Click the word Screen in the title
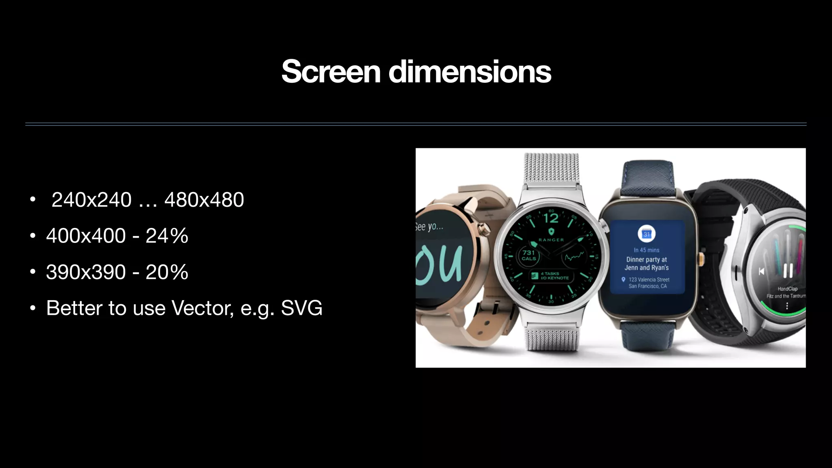tap(331, 71)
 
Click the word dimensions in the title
tap(470, 71)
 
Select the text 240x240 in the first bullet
tap(91, 200)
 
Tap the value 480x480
tap(204, 200)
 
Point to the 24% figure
tap(167, 236)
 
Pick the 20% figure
tap(167, 272)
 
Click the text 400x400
tap(86, 236)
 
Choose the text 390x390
tap(86, 272)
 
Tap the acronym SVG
tap(301, 308)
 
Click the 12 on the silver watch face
tap(551, 219)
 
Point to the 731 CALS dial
tap(529, 256)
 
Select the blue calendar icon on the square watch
tap(647, 234)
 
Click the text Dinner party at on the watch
tap(646, 259)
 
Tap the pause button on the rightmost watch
tap(788, 270)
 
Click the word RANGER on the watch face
tap(551, 240)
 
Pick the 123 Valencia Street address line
tap(649, 279)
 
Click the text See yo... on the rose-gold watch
tap(429, 227)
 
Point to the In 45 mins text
tap(646, 250)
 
